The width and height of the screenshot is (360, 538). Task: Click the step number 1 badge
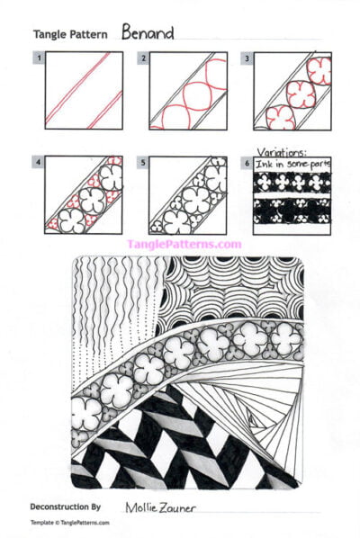pos(39,58)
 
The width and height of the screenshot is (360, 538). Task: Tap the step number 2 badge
pos(143,58)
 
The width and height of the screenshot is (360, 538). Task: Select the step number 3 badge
pos(247,58)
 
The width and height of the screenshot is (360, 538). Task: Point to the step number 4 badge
pos(39,163)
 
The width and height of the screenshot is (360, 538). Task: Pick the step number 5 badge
pos(143,163)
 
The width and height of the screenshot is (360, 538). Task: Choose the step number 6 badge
pos(247,163)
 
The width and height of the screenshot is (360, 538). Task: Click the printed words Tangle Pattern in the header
pos(70,35)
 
